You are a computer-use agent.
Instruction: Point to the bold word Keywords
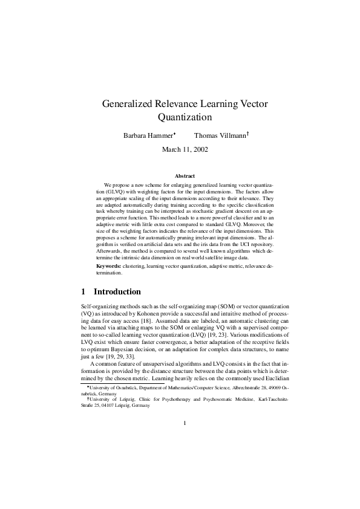click(108, 266)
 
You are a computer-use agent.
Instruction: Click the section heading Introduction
click(117, 291)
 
